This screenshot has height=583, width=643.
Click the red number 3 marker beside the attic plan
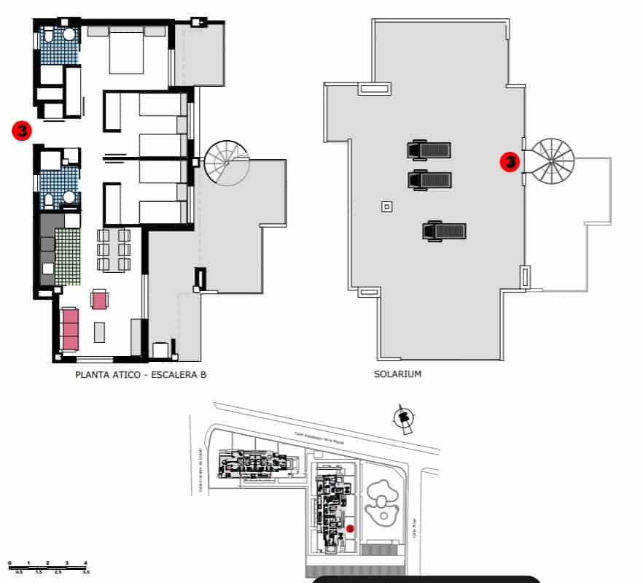pos(22,131)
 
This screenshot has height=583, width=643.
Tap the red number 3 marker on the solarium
pos(510,161)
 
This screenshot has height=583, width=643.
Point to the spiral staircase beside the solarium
pos(552,161)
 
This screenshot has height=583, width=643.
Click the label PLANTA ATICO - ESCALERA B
pos(141,375)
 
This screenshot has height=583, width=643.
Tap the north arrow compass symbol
pos(402,418)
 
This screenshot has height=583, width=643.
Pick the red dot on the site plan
pos(350,528)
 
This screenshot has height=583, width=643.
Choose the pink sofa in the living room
pos(70,329)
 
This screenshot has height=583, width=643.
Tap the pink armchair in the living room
pos(99,299)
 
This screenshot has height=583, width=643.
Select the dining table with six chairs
pos(113,251)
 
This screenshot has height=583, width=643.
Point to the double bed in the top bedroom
pos(126,50)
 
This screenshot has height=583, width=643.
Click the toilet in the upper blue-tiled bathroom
pos(47,36)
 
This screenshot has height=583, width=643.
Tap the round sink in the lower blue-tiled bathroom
pos(70,197)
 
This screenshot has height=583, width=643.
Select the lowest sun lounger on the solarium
pos(443,231)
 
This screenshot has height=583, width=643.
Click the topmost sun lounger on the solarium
pos(429,150)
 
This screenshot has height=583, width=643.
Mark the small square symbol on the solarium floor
pos(386,207)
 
